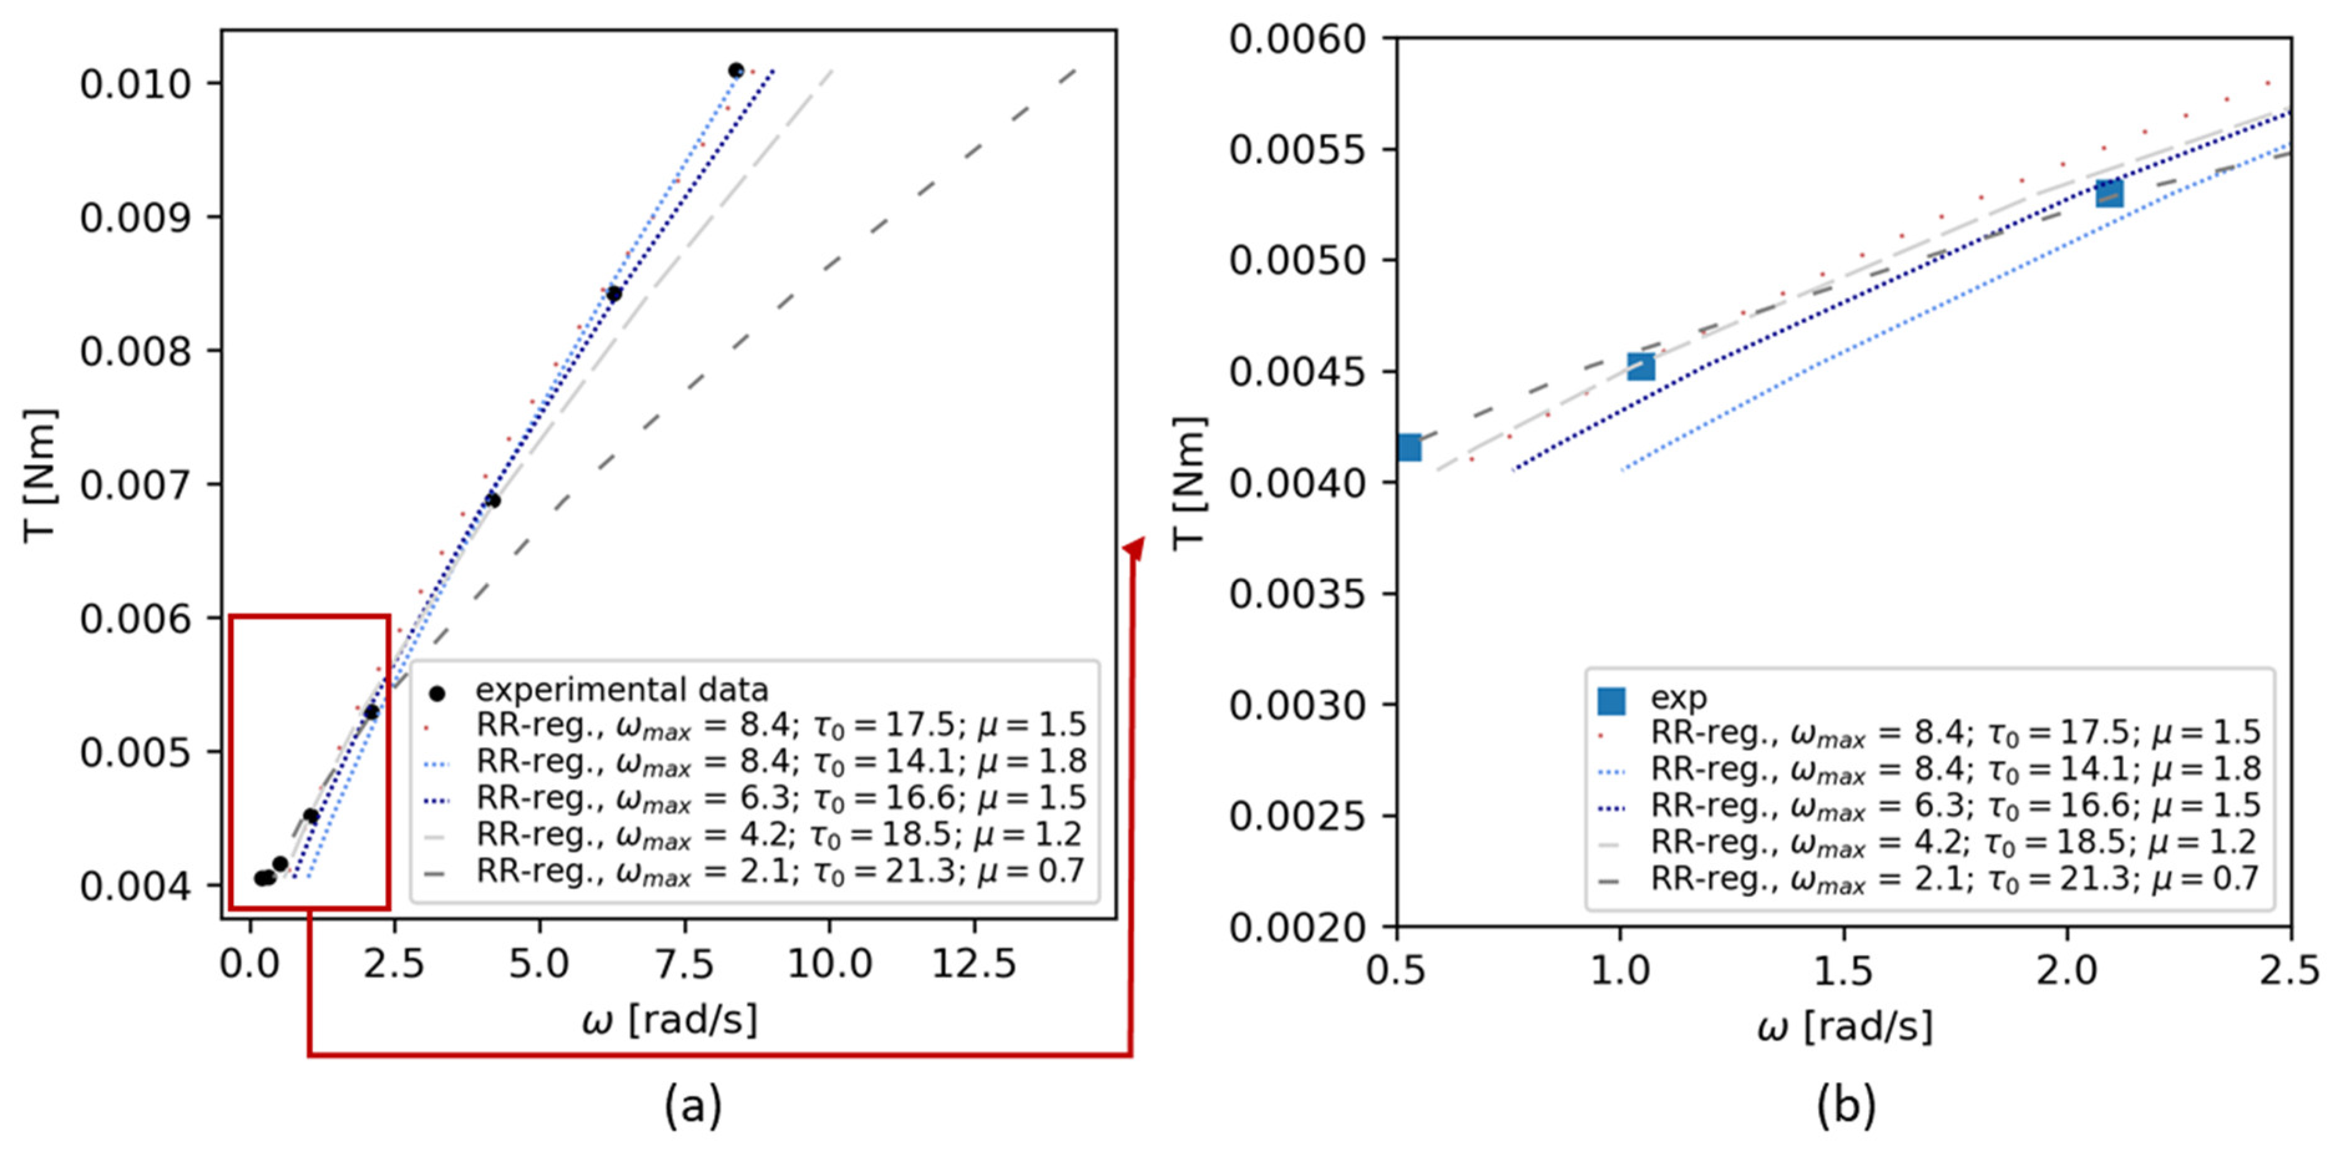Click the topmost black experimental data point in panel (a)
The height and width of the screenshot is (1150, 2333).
(735, 70)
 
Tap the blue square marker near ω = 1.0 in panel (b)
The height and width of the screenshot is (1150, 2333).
(1640, 367)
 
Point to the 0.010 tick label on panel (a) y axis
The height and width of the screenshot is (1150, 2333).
(136, 84)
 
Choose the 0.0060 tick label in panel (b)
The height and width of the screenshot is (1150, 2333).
(1297, 40)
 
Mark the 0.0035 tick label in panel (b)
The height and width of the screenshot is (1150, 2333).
(1297, 595)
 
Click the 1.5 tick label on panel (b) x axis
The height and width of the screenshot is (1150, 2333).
(1843, 972)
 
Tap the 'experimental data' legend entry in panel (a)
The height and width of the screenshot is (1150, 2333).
(621, 691)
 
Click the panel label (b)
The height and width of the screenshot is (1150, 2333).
(1845, 1106)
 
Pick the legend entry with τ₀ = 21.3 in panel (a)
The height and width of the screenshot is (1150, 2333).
(779, 871)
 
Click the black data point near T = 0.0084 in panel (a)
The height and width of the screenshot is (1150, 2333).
(614, 294)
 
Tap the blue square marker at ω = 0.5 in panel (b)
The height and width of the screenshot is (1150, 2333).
(1408, 447)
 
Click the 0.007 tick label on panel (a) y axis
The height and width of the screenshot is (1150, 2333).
(136, 485)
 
